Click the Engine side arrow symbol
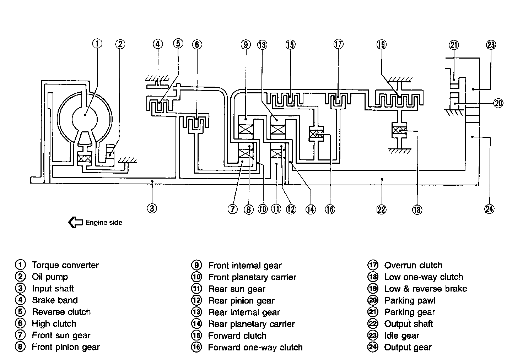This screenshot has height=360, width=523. click(75, 222)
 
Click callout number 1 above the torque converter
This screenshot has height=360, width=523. click(97, 44)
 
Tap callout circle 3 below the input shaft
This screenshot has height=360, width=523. click(152, 208)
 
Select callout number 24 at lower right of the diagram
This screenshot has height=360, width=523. click(489, 209)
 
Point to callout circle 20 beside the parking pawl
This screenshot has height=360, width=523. click(498, 103)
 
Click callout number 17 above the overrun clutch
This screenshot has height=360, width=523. click(339, 44)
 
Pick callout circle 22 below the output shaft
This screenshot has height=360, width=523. click(382, 209)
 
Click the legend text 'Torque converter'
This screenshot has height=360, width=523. click(65, 265)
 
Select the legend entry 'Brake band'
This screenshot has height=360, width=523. click(55, 300)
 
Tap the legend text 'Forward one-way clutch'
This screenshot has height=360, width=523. click(255, 348)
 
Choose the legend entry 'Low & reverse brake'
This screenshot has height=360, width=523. click(426, 289)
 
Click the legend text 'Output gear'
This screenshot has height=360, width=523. click(408, 348)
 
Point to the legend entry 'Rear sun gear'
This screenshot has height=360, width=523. click(237, 289)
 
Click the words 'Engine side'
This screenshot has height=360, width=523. click(104, 222)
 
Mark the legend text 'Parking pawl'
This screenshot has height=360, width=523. click(410, 300)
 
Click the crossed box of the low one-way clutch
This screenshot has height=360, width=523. click(399, 130)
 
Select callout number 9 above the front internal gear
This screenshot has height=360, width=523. click(246, 44)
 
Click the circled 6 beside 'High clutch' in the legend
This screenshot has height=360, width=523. click(20, 323)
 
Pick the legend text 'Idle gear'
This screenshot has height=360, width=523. click(402, 336)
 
